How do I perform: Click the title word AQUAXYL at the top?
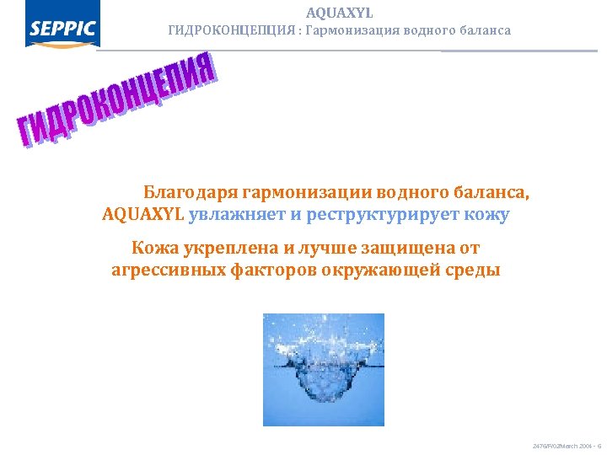coord(340,13)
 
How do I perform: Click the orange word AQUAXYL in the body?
coord(142,214)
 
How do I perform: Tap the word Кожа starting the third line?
coord(153,248)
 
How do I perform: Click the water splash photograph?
coord(324,369)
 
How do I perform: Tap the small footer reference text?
coord(564,444)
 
